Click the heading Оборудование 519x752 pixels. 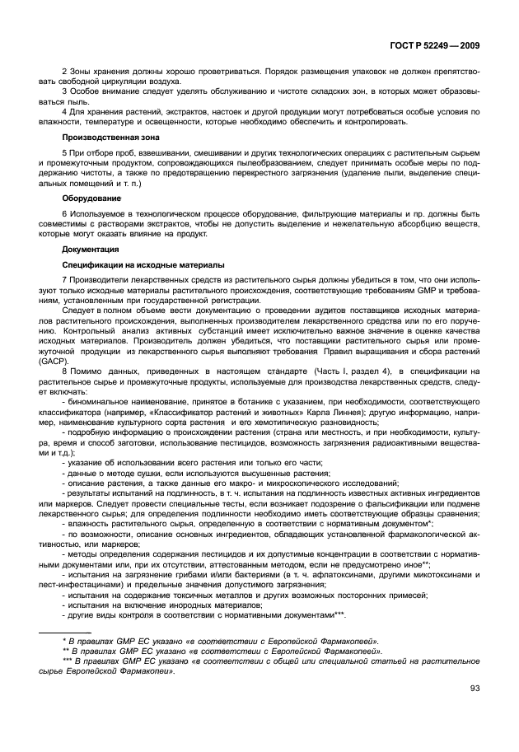91,198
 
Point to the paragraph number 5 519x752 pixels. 65,154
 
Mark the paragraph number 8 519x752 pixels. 65,372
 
